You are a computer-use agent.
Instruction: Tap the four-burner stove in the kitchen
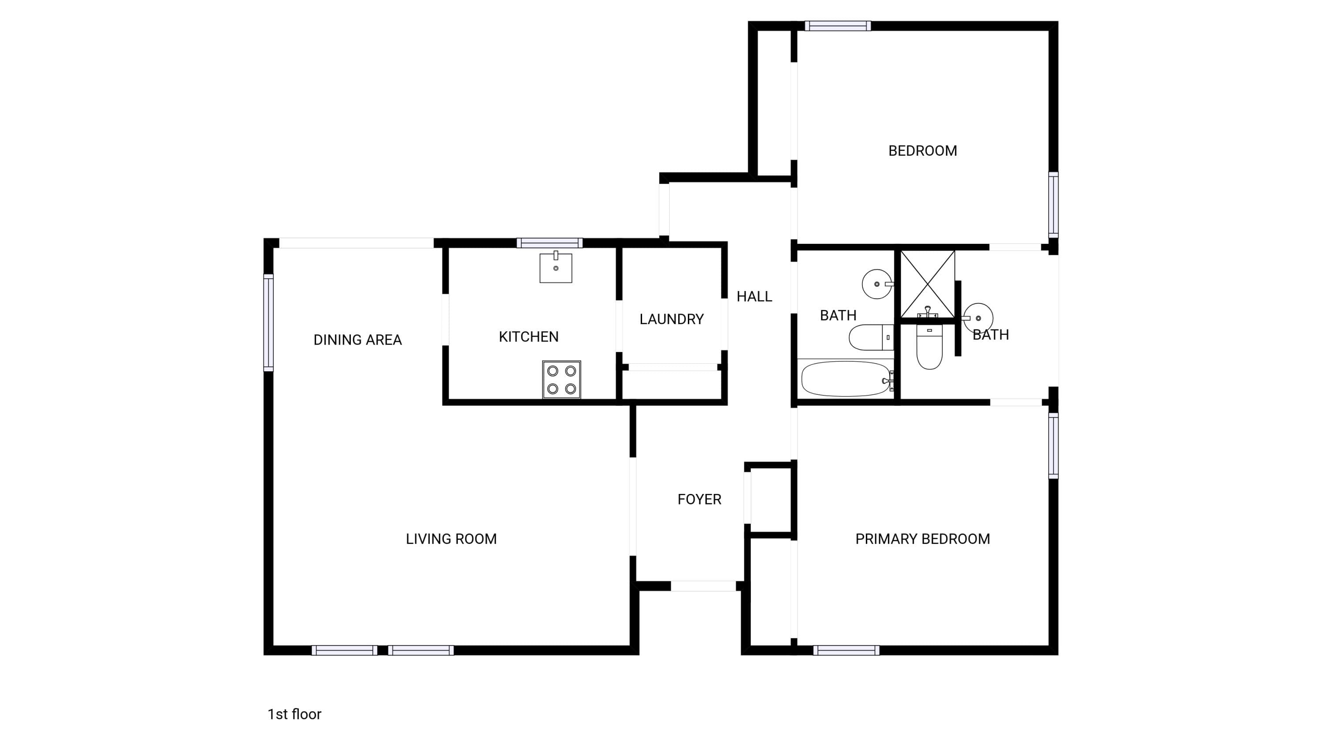tap(561, 379)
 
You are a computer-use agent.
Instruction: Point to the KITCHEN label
tap(529, 337)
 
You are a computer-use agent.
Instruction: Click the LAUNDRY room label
tap(671, 319)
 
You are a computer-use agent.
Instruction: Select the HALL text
tap(754, 296)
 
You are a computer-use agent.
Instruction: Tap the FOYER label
tap(699, 499)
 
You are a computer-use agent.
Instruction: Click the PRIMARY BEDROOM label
tap(922, 538)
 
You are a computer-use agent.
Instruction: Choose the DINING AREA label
tap(357, 340)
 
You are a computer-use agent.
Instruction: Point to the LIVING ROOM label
tap(451, 538)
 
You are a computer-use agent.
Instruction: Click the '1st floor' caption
tap(294, 714)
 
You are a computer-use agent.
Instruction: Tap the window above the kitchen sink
tap(550, 243)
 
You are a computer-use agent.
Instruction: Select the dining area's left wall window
tap(268, 322)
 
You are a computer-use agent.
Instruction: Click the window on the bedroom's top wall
tap(838, 26)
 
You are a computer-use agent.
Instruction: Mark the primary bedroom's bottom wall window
tap(846, 651)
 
